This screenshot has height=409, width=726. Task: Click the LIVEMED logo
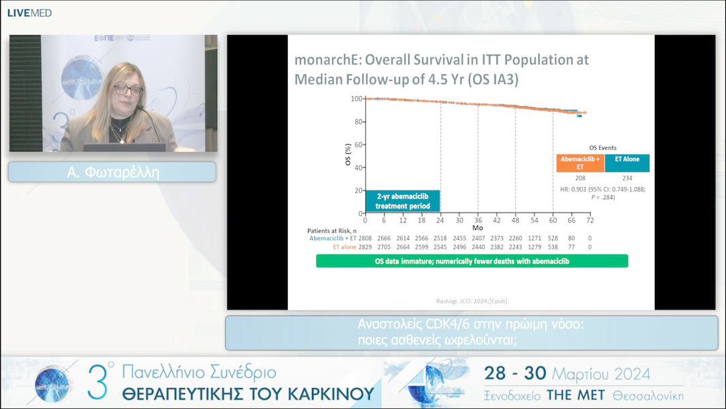coord(29,13)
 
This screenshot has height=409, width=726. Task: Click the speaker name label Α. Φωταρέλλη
coord(112,172)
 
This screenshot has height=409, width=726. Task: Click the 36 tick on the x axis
coord(478,221)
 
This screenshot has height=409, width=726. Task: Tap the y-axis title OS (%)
coord(348,155)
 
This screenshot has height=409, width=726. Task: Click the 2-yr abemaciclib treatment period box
coord(403,200)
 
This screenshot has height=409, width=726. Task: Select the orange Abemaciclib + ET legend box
coord(579,163)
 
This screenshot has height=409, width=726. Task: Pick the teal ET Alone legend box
coord(627,163)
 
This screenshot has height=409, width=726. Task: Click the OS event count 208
coord(580,178)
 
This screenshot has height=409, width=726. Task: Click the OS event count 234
coord(627,178)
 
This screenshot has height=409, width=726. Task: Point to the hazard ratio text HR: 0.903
coord(582,189)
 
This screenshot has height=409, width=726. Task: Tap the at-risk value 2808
coord(365,238)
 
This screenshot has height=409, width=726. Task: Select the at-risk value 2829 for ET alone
coord(365,247)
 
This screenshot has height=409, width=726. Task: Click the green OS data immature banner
coord(472,261)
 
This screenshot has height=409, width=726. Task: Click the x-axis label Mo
coord(477,228)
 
